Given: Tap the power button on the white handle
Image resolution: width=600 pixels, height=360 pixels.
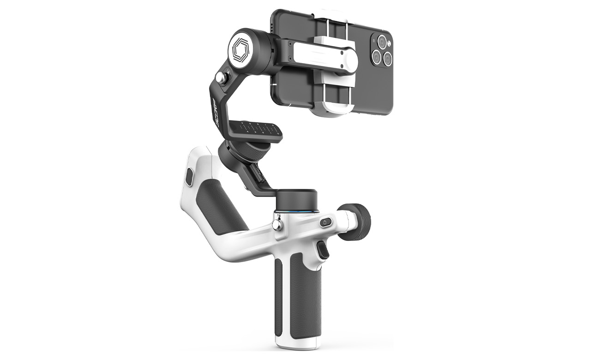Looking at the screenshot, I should click(x=325, y=222).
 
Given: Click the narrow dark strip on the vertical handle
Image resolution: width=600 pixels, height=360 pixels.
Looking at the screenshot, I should click(x=279, y=295).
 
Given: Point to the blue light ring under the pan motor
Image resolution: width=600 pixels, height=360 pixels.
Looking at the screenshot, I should click(x=297, y=211).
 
